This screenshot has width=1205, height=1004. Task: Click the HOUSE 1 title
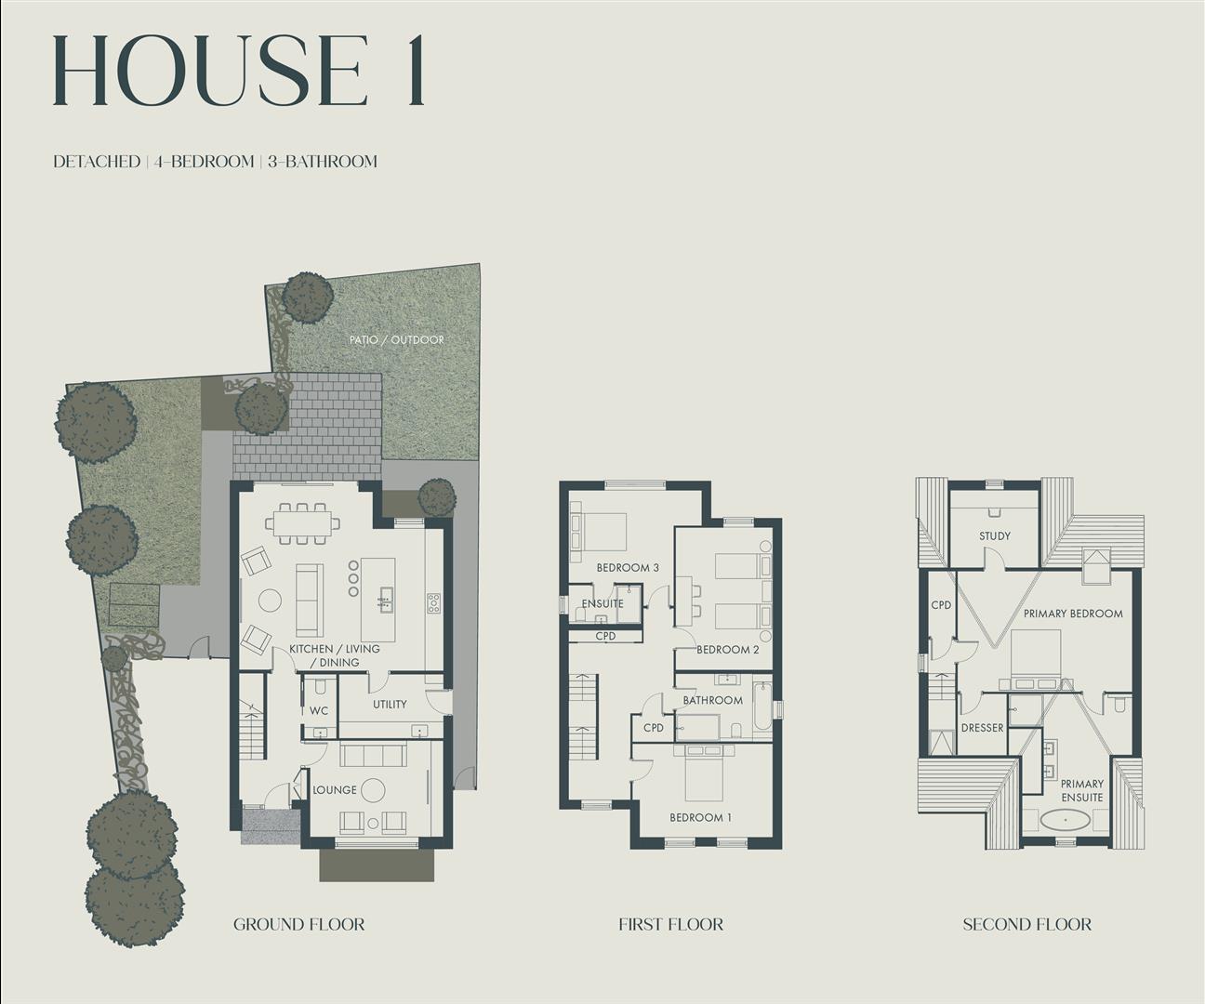[x=239, y=73]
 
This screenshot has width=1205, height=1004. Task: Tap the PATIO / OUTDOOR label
[x=396, y=340]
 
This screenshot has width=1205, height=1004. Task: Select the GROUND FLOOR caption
[x=298, y=924]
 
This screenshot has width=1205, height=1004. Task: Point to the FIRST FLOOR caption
[x=670, y=924]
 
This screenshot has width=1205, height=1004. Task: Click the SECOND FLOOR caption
[x=1026, y=924]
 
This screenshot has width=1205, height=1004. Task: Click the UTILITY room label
[x=390, y=705]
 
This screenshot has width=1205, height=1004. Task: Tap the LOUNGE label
[x=335, y=790]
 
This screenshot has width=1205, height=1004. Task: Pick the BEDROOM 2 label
[x=727, y=650]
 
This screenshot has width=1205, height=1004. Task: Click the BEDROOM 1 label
[x=700, y=818]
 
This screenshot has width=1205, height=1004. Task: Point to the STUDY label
[x=994, y=536]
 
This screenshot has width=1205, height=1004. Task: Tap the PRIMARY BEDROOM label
[x=1073, y=614]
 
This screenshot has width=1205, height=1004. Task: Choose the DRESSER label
[x=982, y=728]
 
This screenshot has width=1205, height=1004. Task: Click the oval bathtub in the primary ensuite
[x=1066, y=821]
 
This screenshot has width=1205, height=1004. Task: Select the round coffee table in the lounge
[x=373, y=790]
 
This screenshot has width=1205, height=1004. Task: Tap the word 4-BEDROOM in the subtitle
[x=205, y=162]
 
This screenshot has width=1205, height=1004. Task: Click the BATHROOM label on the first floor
[x=712, y=700]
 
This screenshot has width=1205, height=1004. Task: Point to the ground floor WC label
[x=318, y=711]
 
